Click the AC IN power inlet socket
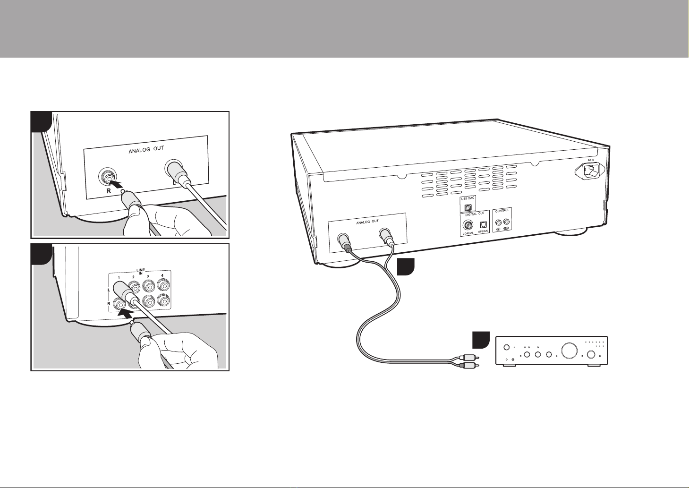pos(590,171)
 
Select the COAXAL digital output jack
pos(469,226)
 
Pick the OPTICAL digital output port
pos(483,225)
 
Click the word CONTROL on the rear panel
pos(502,211)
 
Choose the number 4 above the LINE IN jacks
pos(162,275)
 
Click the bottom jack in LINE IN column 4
pos(164,300)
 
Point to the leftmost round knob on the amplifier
pos(507,348)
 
